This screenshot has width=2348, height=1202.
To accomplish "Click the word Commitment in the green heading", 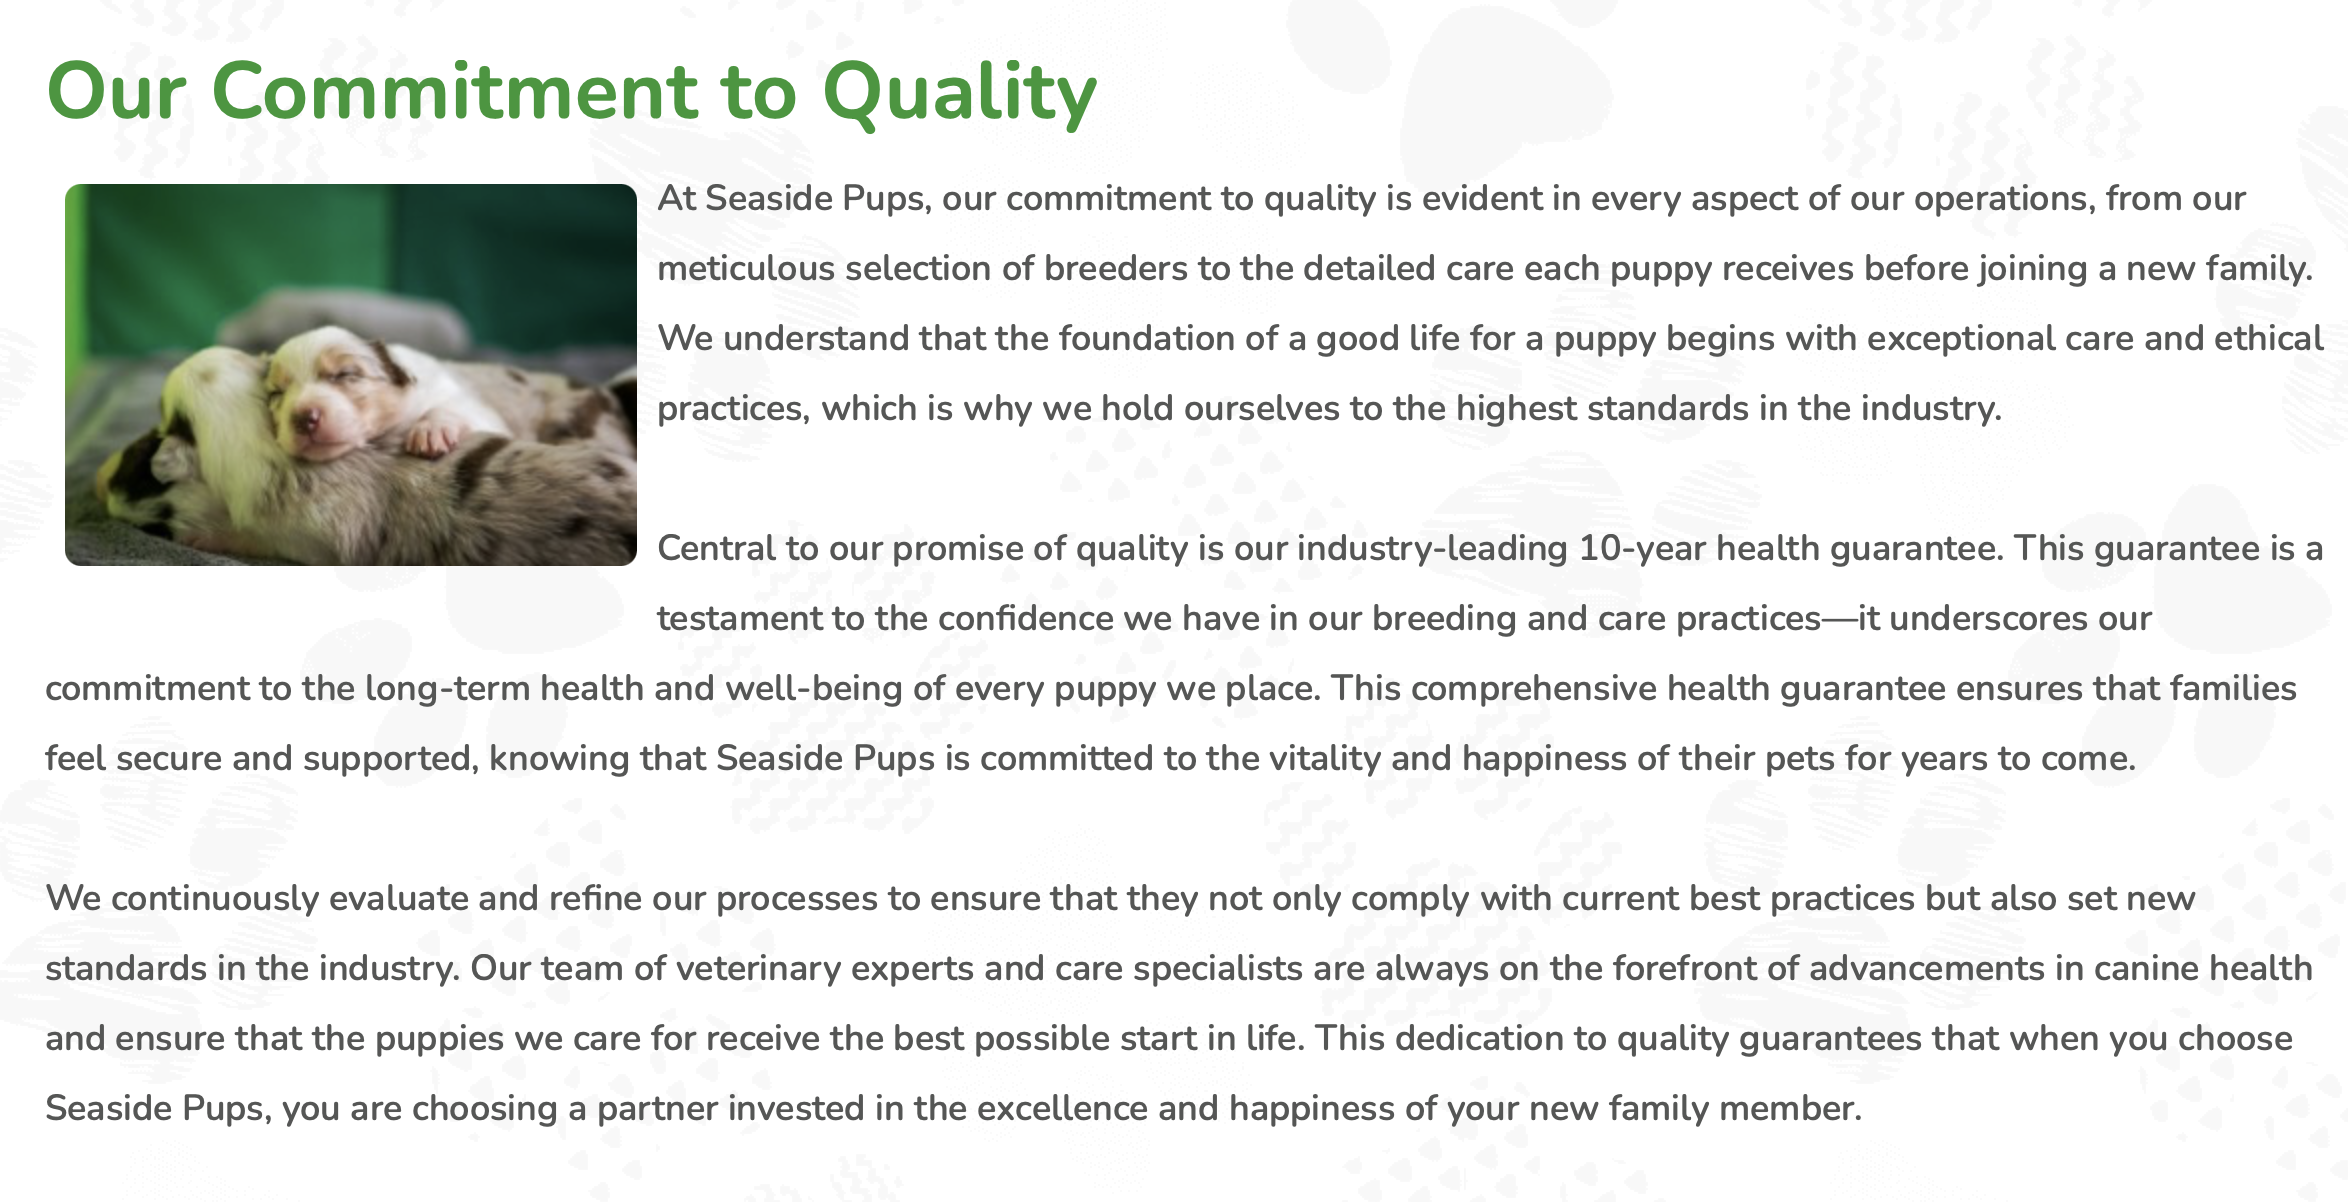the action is (x=455, y=91).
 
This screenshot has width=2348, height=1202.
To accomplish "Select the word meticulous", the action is (x=746, y=268).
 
